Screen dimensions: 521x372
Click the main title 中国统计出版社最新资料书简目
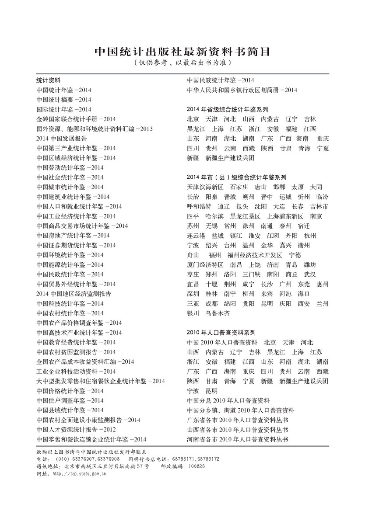(183, 52)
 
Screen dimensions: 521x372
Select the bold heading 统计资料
(48, 80)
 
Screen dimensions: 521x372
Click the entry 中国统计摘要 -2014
(64, 100)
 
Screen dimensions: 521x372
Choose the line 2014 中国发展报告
(62, 139)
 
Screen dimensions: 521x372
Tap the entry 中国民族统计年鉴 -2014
(221, 80)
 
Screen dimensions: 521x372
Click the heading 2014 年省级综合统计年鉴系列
(227, 110)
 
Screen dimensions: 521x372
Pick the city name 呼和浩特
(199, 206)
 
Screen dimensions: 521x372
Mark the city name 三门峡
(251, 274)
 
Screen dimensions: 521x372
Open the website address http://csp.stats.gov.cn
(78, 473)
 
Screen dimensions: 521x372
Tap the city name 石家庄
(239, 187)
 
